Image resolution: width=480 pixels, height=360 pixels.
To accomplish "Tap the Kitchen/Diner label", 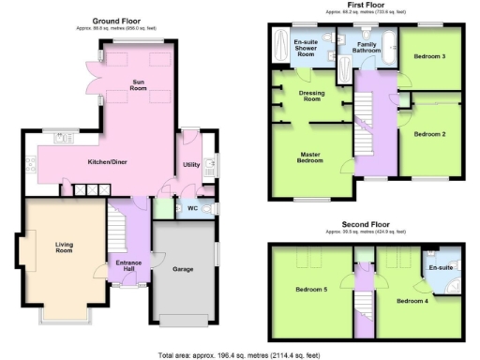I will [x=108, y=163].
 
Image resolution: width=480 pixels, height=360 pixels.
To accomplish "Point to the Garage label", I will [x=183, y=269].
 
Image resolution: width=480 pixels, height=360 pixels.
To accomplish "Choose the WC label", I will [x=191, y=207].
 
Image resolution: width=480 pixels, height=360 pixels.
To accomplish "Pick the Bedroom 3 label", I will [x=428, y=56].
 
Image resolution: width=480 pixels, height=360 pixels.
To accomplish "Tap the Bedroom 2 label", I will [x=429, y=134].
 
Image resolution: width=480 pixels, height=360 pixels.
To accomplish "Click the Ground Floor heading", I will [x=118, y=20].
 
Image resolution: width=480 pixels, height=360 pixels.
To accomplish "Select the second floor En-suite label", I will [x=441, y=268].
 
